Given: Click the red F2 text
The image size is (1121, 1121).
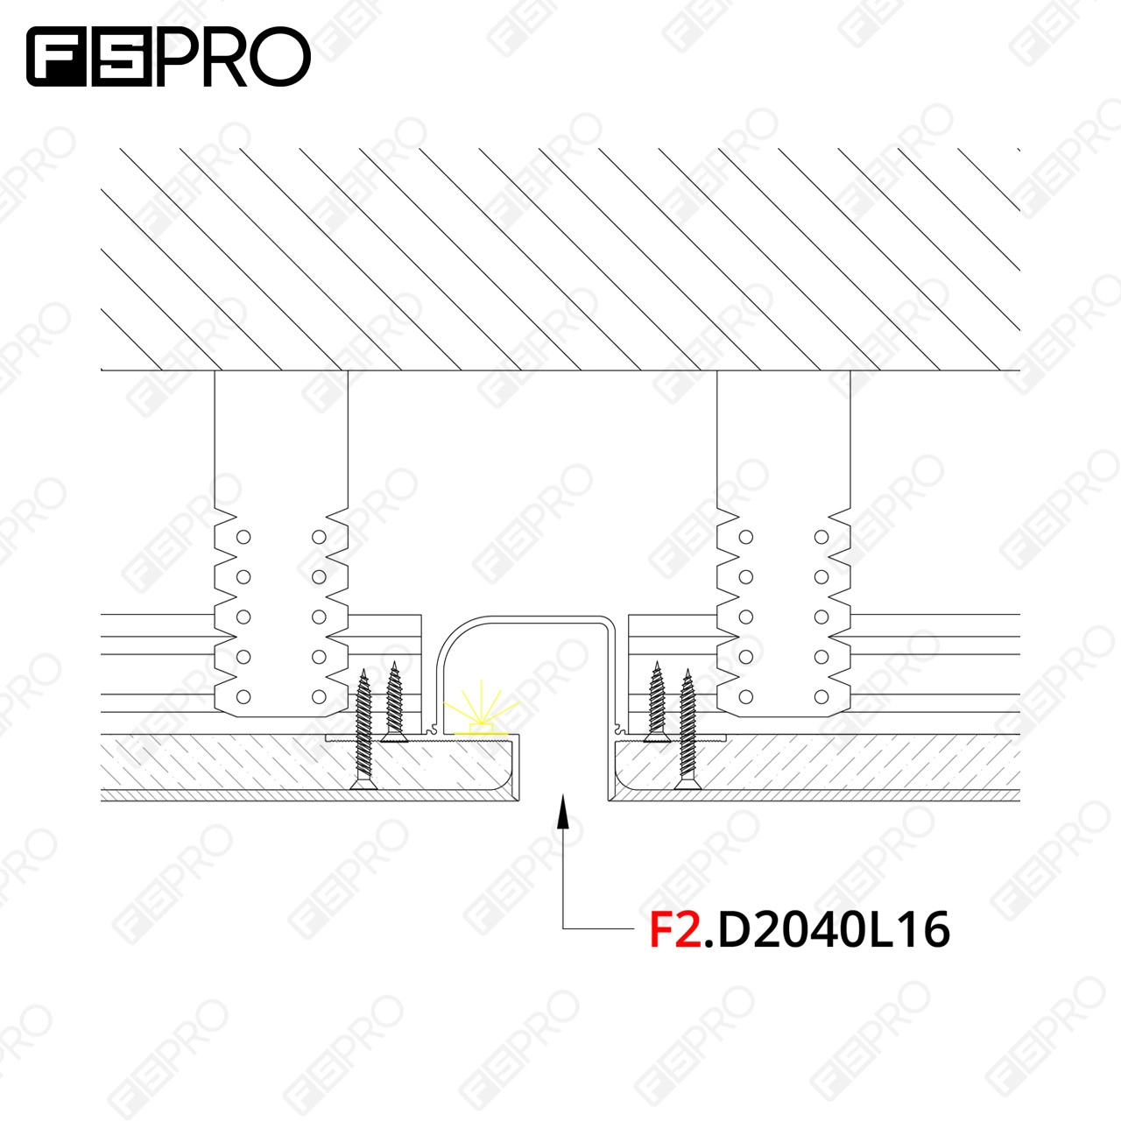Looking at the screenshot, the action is [x=675, y=929].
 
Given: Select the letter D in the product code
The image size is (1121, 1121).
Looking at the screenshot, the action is [x=735, y=929].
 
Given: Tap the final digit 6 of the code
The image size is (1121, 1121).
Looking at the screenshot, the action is [x=935, y=929].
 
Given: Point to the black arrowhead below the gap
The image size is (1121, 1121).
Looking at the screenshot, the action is [x=562, y=812].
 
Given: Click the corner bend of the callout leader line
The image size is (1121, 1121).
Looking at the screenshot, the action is [x=563, y=928].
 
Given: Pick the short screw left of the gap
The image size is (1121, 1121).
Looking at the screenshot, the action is [x=394, y=702].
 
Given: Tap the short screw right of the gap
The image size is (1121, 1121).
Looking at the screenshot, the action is [x=658, y=702].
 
